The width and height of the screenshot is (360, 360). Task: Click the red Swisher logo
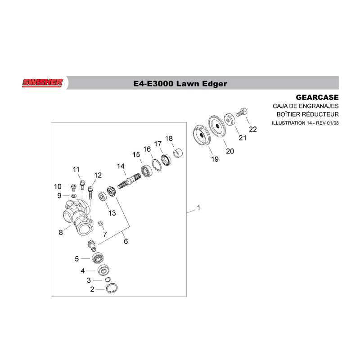click(42, 83)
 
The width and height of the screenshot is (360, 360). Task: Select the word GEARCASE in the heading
click(317, 97)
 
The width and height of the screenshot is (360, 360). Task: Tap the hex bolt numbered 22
click(241, 112)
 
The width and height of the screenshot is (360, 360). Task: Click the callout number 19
click(215, 159)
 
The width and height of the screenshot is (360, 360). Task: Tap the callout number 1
click(198, 208)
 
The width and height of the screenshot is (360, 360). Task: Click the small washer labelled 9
click(74, 196)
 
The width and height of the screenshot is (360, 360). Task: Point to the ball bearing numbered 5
click(97, 259)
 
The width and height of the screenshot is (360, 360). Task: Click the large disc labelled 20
click(217, 127)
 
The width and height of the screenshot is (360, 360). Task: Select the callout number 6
click(126, 241)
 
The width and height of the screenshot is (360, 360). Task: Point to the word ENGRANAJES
click(319, 106)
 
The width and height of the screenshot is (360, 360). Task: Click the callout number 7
click(105, 234)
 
